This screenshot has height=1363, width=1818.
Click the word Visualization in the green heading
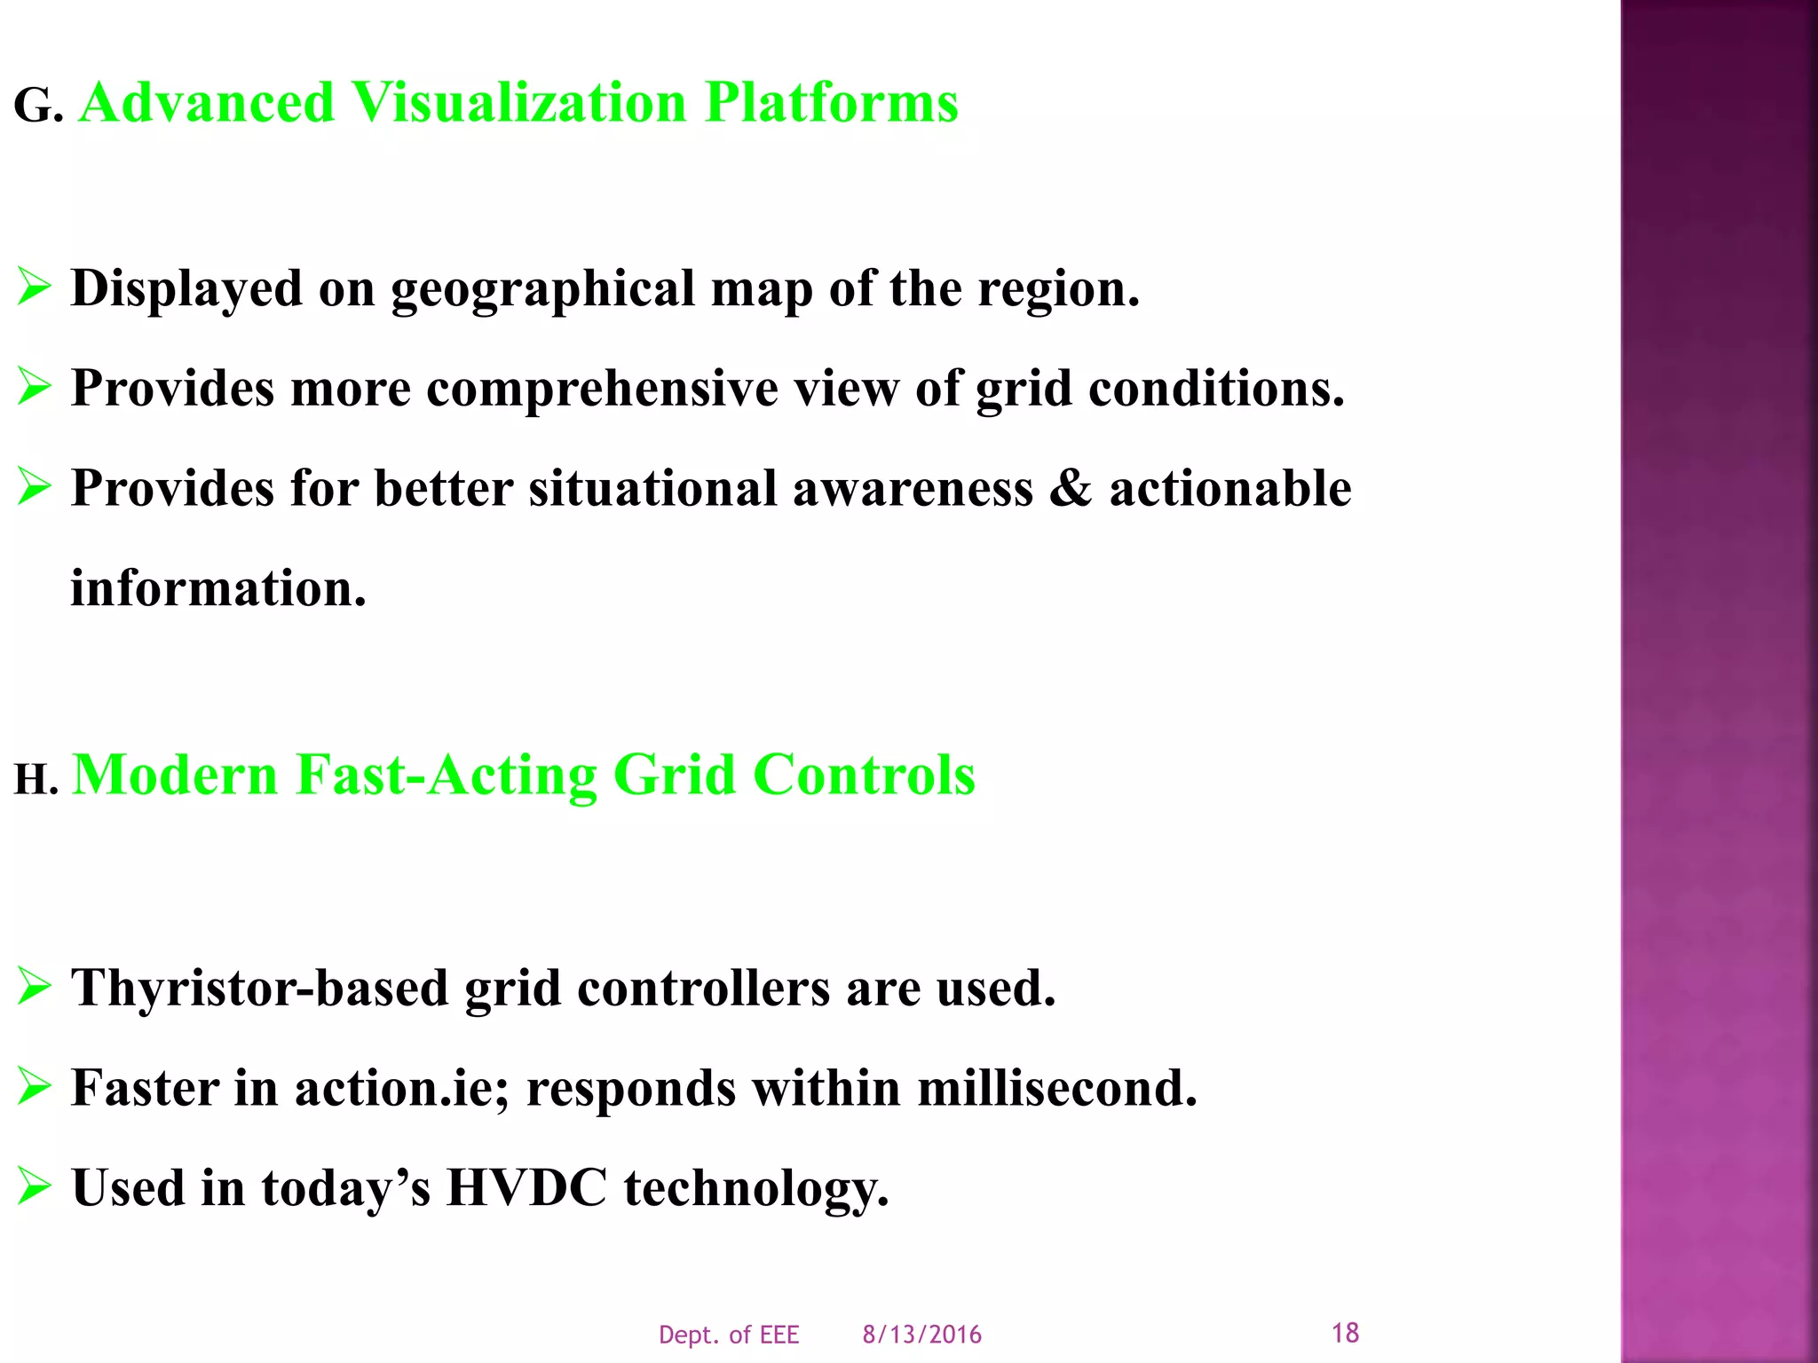[519, 103]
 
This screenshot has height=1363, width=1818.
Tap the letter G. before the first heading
[37, 107]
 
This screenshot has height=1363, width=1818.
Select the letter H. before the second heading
[36, 780]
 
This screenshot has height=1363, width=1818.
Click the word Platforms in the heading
[831, 103]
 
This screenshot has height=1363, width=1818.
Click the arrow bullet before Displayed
[34, 288]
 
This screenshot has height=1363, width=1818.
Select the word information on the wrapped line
[217, 588]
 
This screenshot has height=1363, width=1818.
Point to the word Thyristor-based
[259, 988]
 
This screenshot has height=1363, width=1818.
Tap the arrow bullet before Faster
[34, 1087]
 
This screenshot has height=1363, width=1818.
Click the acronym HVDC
[526, 1187]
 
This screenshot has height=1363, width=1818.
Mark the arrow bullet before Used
[34, 1187]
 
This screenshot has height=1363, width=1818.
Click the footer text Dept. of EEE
[729, 1335]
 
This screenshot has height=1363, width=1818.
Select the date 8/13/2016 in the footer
[921, 1335]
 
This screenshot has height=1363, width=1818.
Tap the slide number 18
[1345, 1332]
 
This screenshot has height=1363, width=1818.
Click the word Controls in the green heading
[864, 775]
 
